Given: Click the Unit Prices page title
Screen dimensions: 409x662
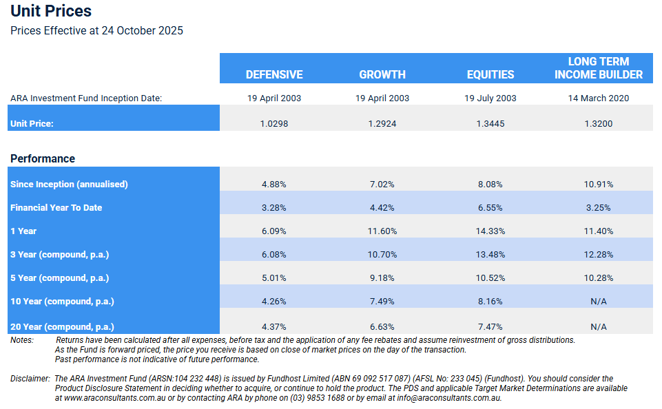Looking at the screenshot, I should (51, 11).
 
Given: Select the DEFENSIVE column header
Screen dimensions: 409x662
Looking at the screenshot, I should (274, 74).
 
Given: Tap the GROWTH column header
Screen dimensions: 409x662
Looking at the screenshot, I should (382, 74).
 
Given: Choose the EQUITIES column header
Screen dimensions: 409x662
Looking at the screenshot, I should (490, 74).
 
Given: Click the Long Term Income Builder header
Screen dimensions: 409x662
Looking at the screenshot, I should (599, 67).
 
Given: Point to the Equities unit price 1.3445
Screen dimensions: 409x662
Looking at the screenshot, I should (490, 124).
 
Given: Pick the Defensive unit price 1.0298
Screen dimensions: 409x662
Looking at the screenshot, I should (274, 124).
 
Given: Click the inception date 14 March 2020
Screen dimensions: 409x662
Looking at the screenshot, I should (599, 98).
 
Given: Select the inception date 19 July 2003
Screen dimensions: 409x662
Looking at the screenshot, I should (490, 98).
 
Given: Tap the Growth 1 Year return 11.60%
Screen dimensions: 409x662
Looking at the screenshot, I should (382, 231).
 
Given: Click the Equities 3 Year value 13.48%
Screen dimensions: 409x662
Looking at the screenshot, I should (490, 255).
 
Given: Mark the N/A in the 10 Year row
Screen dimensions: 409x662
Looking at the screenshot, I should (599, 302).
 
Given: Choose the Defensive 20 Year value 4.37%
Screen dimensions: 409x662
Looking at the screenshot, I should (274, 326).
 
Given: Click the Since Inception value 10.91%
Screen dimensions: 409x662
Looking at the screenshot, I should (599, 185).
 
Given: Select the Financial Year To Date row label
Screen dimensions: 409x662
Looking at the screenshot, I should (56, 207).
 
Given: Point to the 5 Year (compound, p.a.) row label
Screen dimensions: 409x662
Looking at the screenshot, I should (60, 278).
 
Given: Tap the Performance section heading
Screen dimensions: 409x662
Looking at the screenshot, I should (43, 158).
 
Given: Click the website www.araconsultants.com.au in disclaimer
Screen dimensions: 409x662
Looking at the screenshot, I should (112, 398).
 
